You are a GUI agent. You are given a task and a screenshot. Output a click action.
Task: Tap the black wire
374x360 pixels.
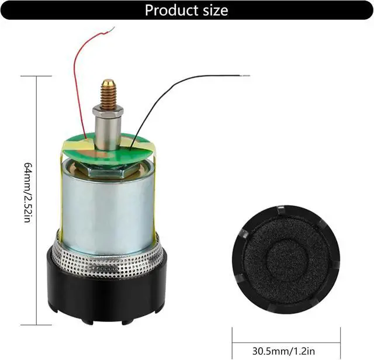(x=175, y=88)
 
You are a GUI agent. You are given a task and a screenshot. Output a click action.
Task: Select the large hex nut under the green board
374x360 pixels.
(x=108, y=169)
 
